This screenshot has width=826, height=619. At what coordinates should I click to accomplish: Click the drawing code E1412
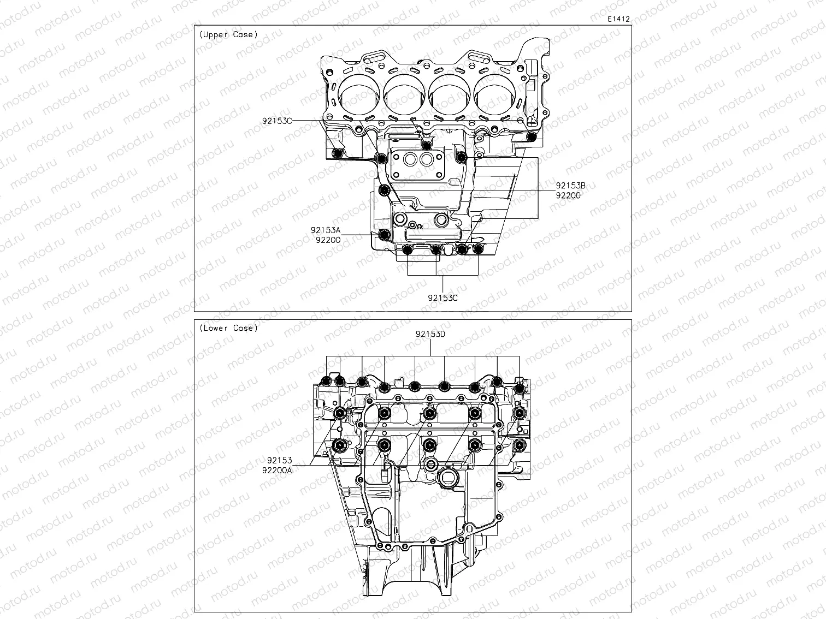coord(618,19)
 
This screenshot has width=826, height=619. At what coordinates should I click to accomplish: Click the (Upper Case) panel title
coord(228,34)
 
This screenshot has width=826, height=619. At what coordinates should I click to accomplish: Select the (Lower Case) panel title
coord(228,328)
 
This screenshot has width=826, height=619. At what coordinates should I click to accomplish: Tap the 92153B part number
coord(570,186)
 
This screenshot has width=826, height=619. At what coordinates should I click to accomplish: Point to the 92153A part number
coord(326,230)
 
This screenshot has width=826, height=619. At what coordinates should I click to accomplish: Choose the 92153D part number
coord(430,334)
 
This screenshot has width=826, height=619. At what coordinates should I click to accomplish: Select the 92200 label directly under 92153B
coord(568,195)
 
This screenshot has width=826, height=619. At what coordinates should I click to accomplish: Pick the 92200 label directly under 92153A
coord(328,240)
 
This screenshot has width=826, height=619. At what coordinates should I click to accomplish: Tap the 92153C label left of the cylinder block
coord(277,121)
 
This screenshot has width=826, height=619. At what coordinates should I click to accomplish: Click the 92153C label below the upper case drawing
coord(442,298)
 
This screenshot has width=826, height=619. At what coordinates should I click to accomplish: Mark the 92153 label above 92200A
coord(280,460)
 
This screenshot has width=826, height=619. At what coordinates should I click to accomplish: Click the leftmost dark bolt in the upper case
coord(338,153)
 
